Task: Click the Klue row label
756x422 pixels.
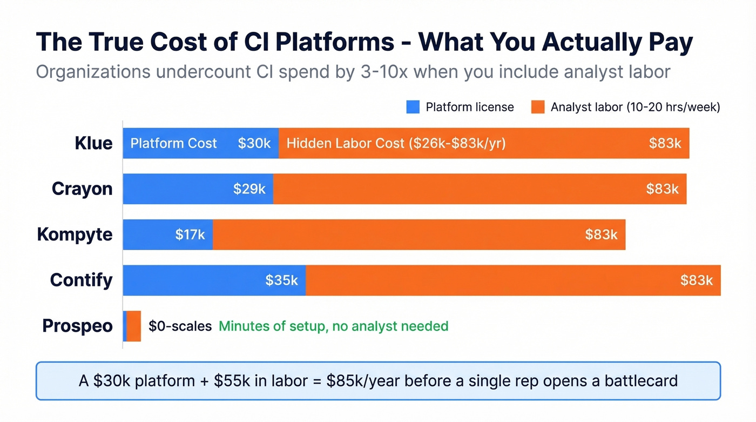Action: pyautogui.click(x=93, y=143)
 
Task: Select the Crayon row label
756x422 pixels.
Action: pyautogui.click(x=82, y=189)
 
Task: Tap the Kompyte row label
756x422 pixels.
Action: pyautogui.click(x=75, y=235)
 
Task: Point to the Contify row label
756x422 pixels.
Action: pyautogui.click(x=81, y=280)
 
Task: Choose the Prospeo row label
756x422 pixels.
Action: pyautogui.click(x=77, y=326)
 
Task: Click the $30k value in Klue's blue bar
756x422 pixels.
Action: pyautogui.click(x=254, y=143)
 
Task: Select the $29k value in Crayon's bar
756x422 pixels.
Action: pyautogui.click(x=249, y=189)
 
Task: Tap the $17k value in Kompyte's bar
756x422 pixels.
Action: pyautogui.click(x=190, y=235)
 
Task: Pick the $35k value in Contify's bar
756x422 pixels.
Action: pyautogui.click(x=281, y=280)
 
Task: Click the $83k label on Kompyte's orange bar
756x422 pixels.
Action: pyautogui.click(x=601, y=235)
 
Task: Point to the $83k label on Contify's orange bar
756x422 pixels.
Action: pyautogui.click(x=697, y=280)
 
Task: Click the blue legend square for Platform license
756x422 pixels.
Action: pyautogui.click(x=413, y=107)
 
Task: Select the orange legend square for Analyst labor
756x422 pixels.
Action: pyautogui.click(x=537, y=107)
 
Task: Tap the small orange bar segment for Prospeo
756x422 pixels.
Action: pyautogui.click(x=133, y=326)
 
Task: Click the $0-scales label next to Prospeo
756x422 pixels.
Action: pyautogui.click(x=180, y=326)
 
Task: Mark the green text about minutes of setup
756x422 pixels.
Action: pyautogui.click(x=333, y=326)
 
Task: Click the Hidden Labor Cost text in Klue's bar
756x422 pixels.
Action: pyautogui.click(x=396, y=143)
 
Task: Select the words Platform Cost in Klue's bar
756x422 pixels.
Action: pyautogui.click(x=173, y=143)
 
